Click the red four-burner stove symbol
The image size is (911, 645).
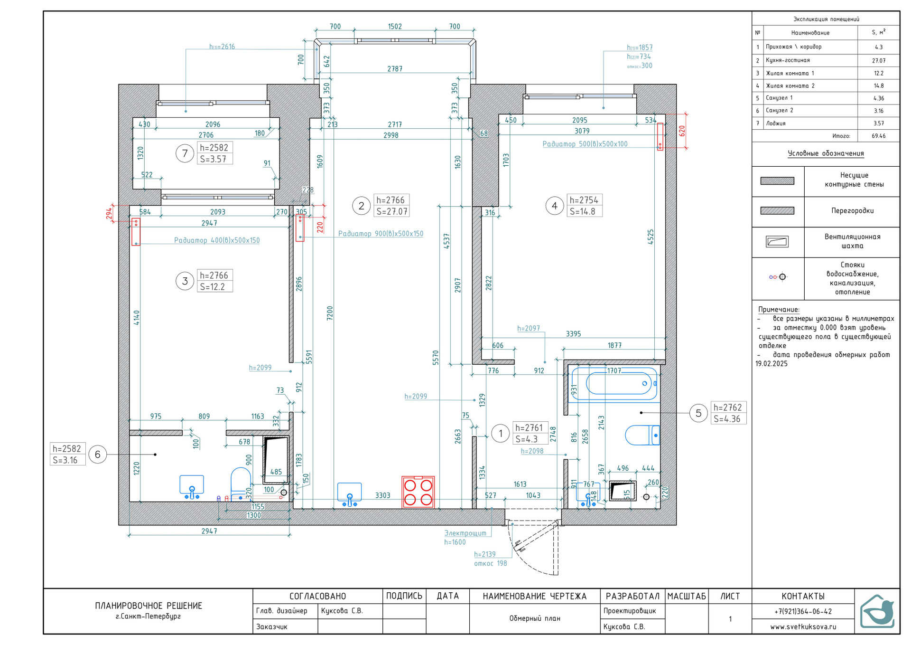coord(418,492)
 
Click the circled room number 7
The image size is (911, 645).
coord(185,153)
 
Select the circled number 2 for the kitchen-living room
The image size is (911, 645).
coord(361,206)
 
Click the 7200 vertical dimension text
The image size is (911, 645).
coord(330,313)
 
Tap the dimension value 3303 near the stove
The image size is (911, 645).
coord(382,495)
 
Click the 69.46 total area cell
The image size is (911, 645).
coord(878,136)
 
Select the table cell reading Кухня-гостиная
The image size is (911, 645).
coord(788,60)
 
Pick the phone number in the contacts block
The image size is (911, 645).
coord(803,611)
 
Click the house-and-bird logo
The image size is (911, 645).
coord(877,611)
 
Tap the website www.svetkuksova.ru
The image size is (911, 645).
coord(803,626)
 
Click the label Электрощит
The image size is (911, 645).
coord(465,533)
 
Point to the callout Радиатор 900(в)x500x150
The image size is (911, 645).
coord(381,234)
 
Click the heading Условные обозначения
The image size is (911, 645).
coord(826,153)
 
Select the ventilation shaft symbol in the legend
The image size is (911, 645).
coord(777,242)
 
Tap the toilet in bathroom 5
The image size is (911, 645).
coord(642,435)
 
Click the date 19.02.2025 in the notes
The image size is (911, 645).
coord(772,364)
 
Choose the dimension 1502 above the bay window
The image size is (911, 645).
coord(395,27)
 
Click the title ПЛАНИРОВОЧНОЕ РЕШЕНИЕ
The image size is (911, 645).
coord(149,606)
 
